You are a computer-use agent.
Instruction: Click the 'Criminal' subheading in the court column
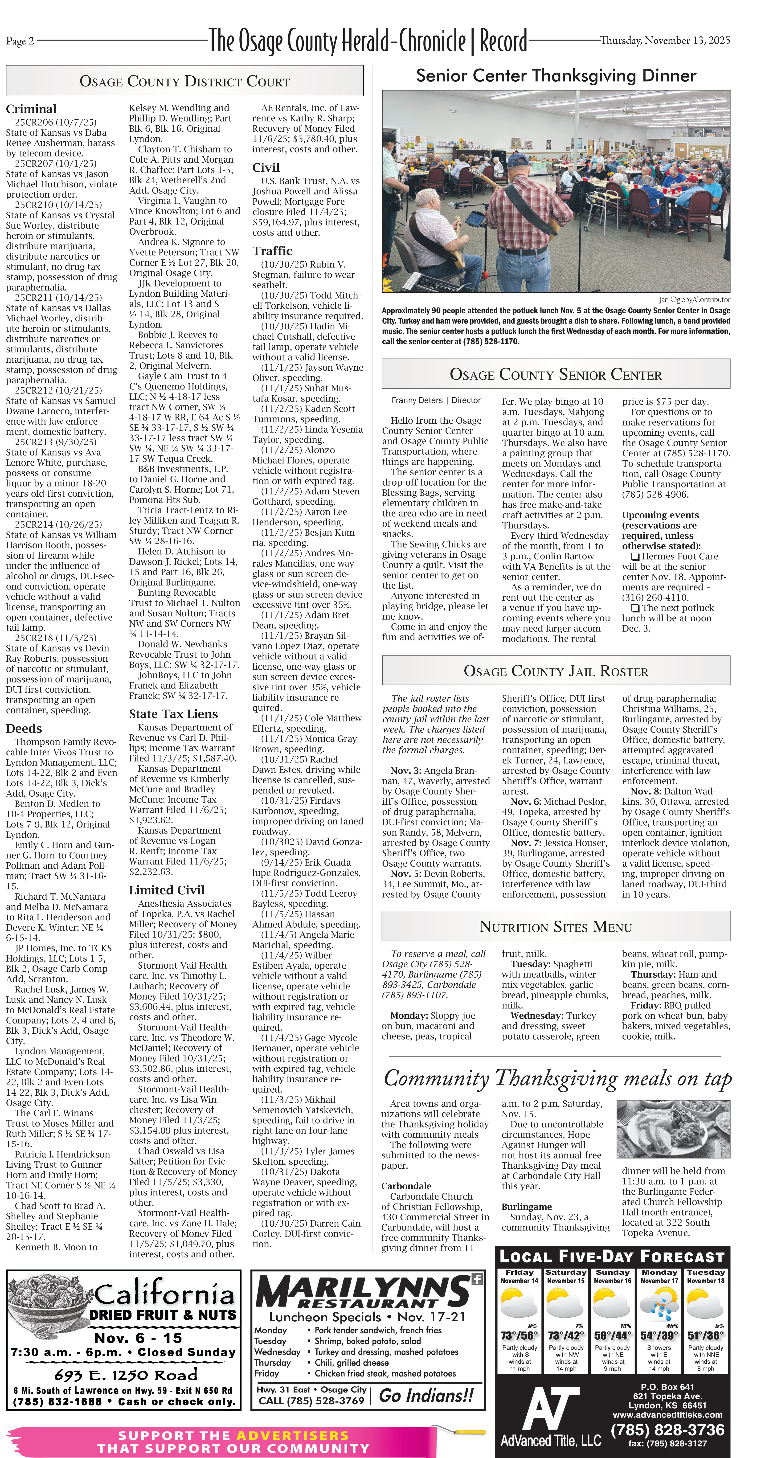click(x=31, y=109)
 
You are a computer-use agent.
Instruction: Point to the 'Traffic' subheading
click(x=272, y=251)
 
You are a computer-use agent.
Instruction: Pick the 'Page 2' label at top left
click(x=20, y=41)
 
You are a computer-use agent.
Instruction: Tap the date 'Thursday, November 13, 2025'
click(x=665, y=40)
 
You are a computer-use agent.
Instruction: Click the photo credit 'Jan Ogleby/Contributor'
click(x=694, y=299)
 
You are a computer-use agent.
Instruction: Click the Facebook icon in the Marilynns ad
click(x=477, y=1279)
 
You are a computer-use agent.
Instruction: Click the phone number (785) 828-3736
click(x=668, y=1430)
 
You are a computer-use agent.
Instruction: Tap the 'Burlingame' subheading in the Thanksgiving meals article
click(x=526, y=1207)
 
